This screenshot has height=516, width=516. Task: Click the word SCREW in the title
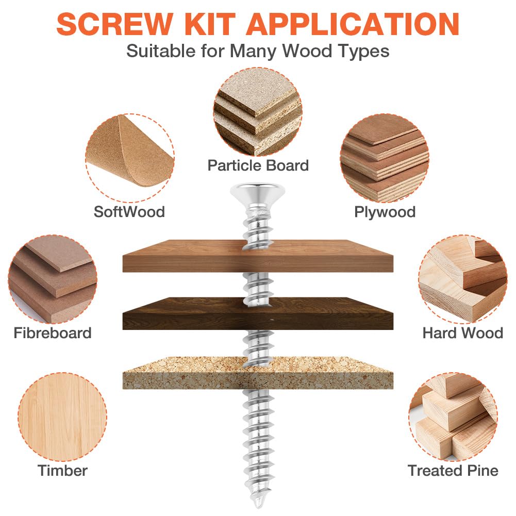pos(114,24)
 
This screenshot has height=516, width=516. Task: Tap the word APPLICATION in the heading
pos(353,24)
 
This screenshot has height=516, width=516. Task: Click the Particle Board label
pos(258,165)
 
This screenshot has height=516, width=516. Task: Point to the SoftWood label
pos(129,211)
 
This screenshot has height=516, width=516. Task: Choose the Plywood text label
pos(385,212)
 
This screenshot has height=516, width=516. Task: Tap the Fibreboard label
pos(53,333)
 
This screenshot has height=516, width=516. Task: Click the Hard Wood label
pos(463,333)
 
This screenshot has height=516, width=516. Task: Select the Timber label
pos(62,471)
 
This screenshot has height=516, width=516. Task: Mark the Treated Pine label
pos(453,471)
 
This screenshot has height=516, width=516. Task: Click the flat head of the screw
pos(258,192)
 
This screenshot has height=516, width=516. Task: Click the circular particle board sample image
pos(258,111)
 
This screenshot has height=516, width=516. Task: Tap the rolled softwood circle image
pos(130,158)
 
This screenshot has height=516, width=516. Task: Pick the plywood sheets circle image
pos(385,158)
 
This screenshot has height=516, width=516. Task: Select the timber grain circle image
pos(62,417)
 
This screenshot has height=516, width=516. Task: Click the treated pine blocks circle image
pos(453,417)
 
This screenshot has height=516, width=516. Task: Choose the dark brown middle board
pos(258,313)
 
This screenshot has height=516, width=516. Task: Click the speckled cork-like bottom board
pos(258,373)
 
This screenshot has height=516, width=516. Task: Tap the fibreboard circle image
pos(53,279)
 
